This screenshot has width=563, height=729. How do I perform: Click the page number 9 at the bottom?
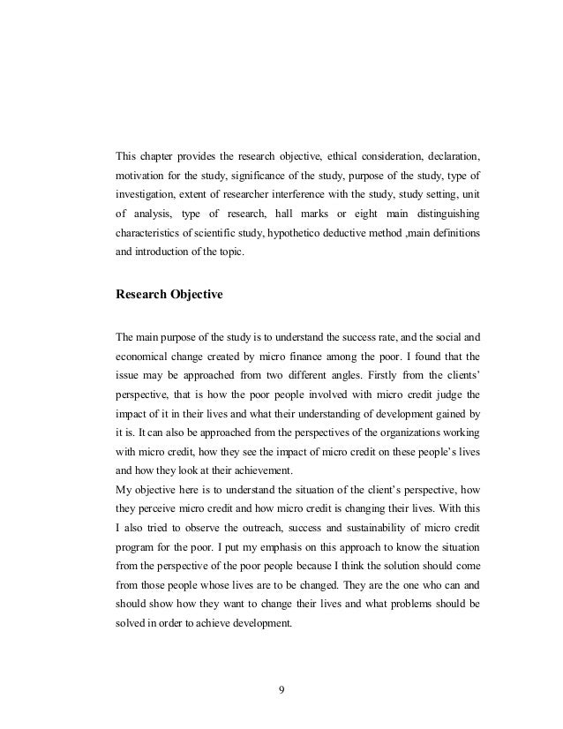point(281,689)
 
